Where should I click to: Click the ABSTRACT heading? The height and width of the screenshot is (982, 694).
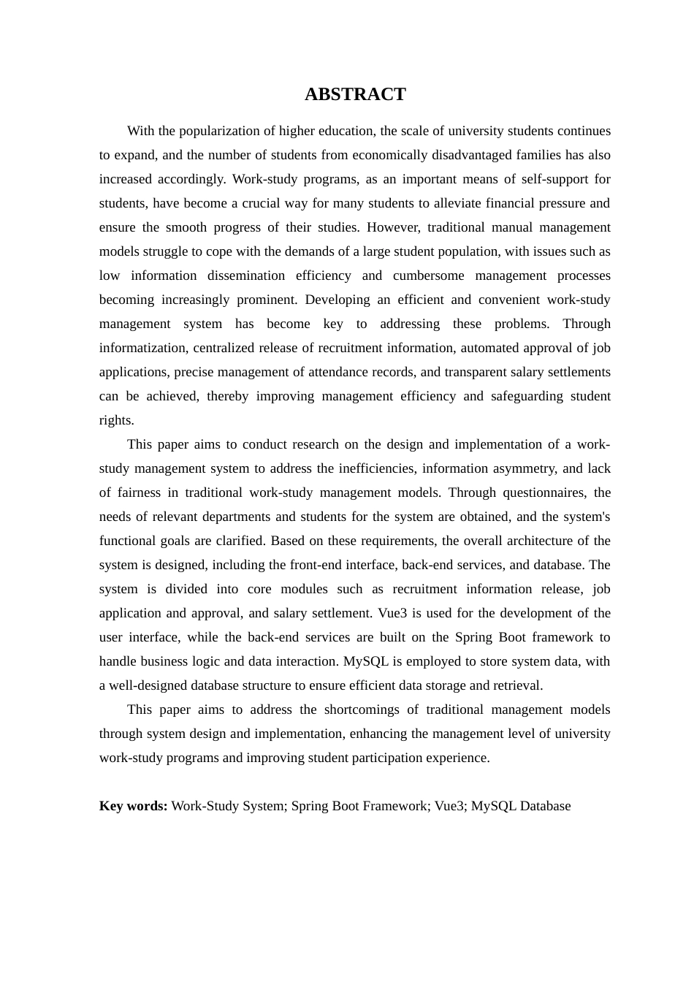[355, 94]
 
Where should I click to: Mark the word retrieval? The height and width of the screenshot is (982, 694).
[517, 685]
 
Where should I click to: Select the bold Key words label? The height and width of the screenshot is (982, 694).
[134, 806]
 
